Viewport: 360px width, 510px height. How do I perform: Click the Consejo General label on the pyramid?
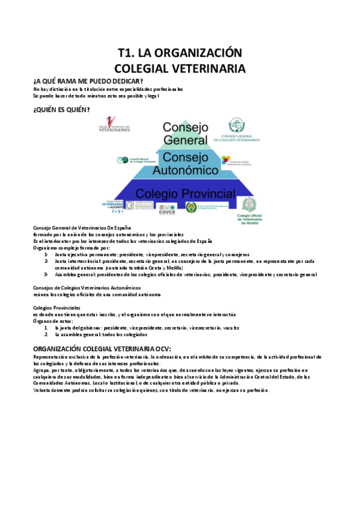click(185, 133)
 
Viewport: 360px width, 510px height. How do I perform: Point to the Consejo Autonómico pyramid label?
click(185, 163)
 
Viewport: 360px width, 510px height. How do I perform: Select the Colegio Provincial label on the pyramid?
click(184, 193)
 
